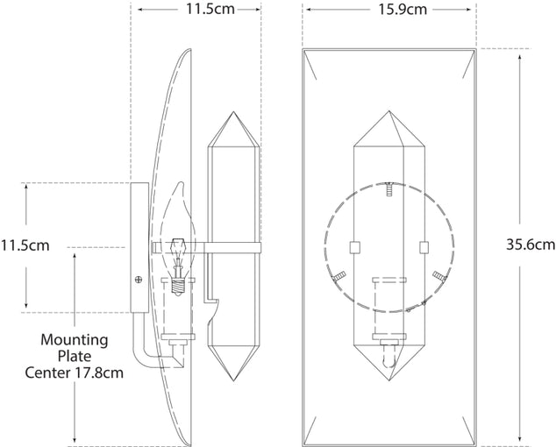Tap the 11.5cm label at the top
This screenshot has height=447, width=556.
(x=196, y=11)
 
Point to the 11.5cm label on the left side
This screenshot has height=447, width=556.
(x=25, y=245)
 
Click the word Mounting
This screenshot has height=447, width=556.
(x=75, y=339)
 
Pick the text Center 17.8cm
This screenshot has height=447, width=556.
(x=75, y=372)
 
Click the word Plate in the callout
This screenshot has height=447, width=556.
(x=75, y=355)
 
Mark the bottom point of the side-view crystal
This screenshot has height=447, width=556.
(x=233, y=381)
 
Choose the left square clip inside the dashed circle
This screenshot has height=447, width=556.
(x=354, y=247)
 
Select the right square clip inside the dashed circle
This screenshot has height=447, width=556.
(x=424, y=247)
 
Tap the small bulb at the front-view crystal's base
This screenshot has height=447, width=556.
(x=388, y=355)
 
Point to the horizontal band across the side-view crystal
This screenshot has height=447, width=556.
(x=233, y=245)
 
